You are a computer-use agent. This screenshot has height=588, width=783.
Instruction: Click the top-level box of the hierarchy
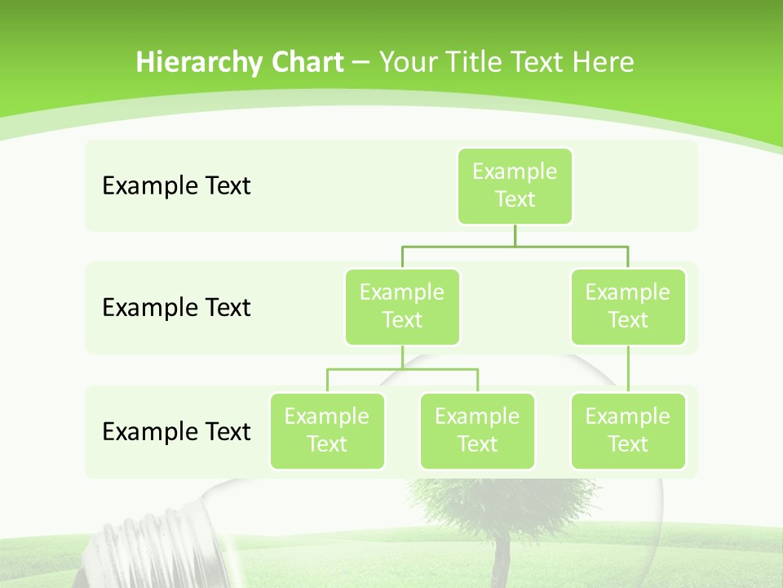point(515,185)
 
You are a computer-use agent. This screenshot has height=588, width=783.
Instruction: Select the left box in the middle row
point(402,306)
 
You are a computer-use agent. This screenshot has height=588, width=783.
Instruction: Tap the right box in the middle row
point(628,306)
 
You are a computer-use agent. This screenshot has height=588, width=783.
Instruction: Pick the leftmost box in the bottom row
point(327,430)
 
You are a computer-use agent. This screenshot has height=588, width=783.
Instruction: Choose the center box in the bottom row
point(477,430)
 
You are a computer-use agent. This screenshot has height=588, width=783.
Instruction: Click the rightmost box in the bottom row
point(628,430)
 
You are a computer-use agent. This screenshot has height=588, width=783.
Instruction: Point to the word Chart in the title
point(303,62)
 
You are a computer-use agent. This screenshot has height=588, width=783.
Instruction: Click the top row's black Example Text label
point(176,185)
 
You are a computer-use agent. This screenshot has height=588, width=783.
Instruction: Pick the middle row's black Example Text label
point(176,307)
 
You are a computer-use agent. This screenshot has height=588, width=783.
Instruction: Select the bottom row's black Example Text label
point(176,431)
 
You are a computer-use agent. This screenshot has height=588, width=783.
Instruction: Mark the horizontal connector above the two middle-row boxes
point(515,245)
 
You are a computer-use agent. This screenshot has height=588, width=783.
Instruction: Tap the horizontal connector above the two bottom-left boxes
point(402,369)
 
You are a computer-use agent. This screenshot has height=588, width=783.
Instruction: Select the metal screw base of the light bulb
point(155,543)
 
